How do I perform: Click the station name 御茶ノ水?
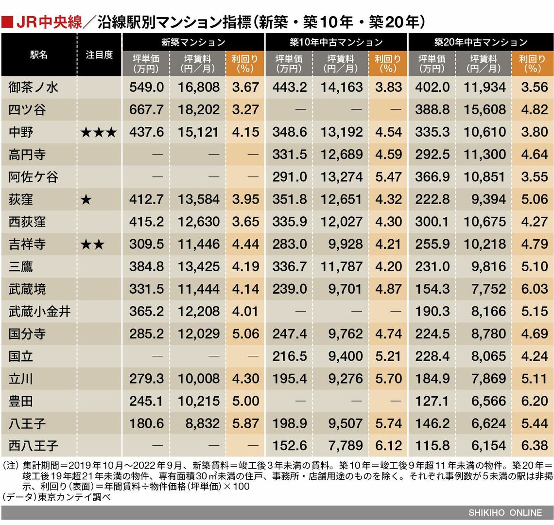click(x=33, y=87)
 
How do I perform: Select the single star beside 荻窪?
click(x=86, y=199)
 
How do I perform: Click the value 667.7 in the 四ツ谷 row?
click(x=146, y=110)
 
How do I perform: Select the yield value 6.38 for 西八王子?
click(x=534, y=446)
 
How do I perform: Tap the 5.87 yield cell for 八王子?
click(x=245, y=423)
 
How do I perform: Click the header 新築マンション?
click(x=193, y=43)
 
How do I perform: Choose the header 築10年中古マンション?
click(x=336, y=43)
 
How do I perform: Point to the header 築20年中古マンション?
click(x=481, y=43)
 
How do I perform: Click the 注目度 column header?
click(x=99, y=55)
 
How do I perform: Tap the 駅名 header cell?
click(x=39, y=55)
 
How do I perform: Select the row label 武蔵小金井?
click(x=40, y=312)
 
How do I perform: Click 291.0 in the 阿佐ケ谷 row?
click(x=290, y=177)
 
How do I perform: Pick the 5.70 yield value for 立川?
click(x=388, y=379)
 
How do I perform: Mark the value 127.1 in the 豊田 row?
click(x=432, y=401)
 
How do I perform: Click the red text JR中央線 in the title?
click(x=49, y=22)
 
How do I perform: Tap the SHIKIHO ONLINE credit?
click(x=505, y=512)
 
